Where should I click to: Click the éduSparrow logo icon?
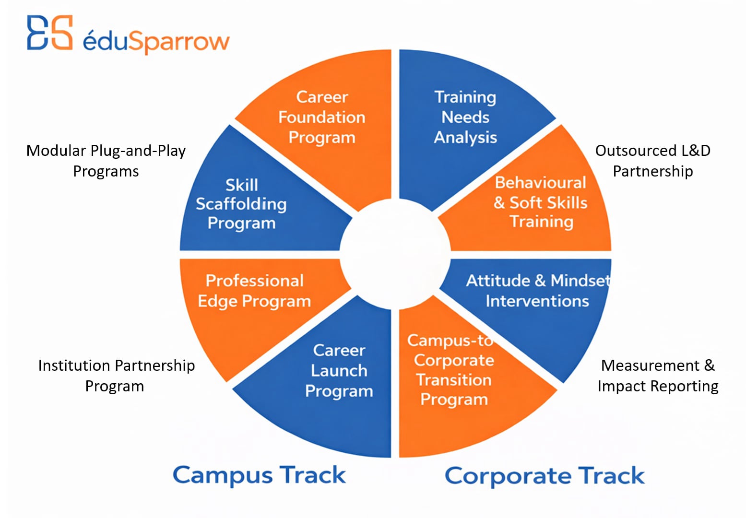49,32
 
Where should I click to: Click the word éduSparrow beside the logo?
156,41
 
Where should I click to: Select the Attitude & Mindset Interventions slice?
536,300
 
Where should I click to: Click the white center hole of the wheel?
395,255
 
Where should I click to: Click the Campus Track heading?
259,475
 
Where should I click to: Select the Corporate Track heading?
545,476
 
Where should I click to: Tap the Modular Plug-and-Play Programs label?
106,161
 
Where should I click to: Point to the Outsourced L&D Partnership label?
653,161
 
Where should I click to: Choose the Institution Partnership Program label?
116,376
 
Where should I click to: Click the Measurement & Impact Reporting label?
658,376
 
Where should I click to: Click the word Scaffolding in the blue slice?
241,204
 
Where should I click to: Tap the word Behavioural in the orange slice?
540,182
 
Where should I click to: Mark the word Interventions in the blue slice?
537,301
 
